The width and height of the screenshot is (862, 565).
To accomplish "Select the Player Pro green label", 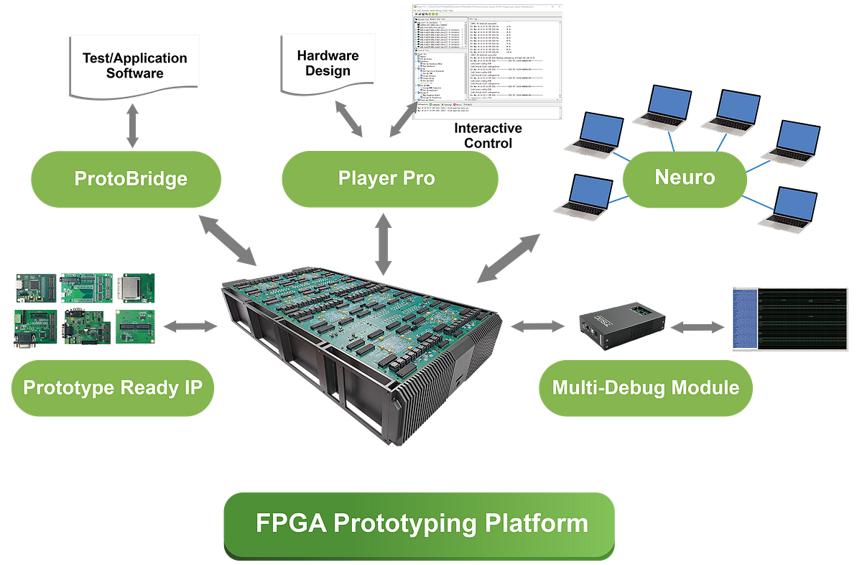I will (389, 178).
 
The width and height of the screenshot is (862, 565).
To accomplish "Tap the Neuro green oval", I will (684, 176).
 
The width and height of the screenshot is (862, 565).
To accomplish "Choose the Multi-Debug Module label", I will (645, 388).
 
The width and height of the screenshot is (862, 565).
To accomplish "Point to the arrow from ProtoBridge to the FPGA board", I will (228, 241).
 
